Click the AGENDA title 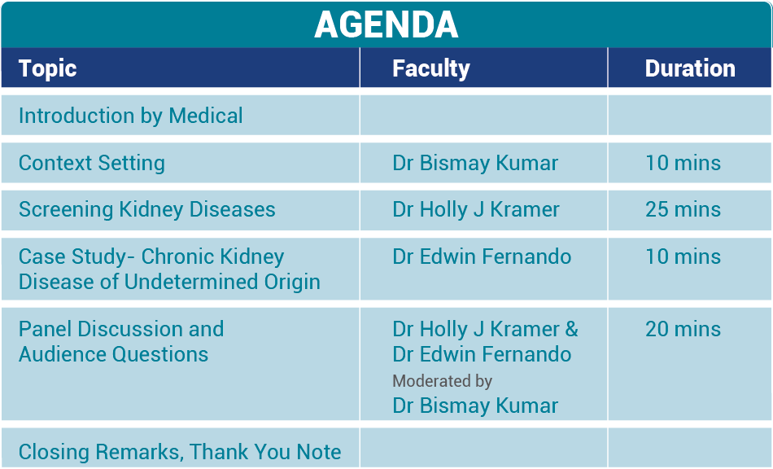click(386, 24)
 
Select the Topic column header click(47, 68)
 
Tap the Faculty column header click(430, 68)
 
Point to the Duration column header click(689, 68)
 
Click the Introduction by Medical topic click(130, 116)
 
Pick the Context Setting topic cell click(91, 163)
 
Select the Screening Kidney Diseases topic click(146, 209)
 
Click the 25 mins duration click(683, 209)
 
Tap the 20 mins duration click(683, 329)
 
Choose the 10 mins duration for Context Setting click(683, 163)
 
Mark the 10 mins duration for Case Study click(683, 256)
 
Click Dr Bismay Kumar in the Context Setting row click(475, 163)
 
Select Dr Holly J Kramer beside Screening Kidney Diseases click(476, 209)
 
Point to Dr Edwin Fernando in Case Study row click(482, 256)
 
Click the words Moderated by click(442, 380)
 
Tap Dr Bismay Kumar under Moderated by click(475, 405)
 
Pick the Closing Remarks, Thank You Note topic click(180, 452)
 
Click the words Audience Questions click(113, 354)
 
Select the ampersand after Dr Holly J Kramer click(571, 329)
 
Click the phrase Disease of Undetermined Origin click(169, 282)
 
